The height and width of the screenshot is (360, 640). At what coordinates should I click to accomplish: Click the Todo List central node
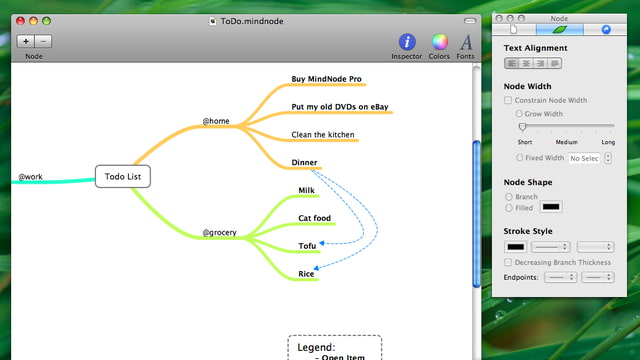pos(123,177)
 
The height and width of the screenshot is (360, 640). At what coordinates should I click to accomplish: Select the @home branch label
pos(216,122)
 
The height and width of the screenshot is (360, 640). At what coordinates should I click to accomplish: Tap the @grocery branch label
pos(220,233)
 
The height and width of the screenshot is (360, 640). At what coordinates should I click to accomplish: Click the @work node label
pos(29,177)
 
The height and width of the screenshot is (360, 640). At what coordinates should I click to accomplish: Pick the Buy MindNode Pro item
pos(326,79)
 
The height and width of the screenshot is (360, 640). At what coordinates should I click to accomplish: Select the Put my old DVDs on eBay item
pos(339,107)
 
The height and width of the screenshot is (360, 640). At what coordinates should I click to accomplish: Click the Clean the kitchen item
pos(323,135)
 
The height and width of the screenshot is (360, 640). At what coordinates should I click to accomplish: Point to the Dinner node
pos(304,163)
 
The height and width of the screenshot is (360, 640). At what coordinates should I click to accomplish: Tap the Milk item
pos(307,190)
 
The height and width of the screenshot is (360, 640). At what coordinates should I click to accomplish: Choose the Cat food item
pos(314,218)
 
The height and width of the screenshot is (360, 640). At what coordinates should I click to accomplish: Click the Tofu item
pos(307,246)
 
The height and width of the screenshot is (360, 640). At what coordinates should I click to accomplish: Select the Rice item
pos(306,274)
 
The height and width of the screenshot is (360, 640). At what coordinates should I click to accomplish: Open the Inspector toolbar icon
pos(407,42)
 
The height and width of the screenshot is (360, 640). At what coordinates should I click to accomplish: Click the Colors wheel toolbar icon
pos(439,42)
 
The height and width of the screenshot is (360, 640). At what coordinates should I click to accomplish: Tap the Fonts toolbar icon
pos(466,42)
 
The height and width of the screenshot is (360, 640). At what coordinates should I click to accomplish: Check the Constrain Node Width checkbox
pos(509,100)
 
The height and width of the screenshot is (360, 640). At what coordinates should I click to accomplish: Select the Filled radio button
pos(509,208)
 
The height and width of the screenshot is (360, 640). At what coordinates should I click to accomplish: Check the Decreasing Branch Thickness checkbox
pos(509,262)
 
